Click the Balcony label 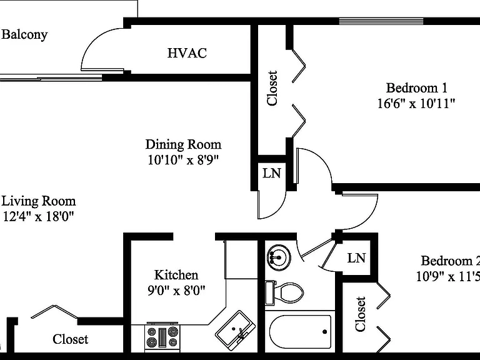(24, 34)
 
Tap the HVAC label (187, 53)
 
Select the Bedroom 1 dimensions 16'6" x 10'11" (416, 104)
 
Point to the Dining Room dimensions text (183, 160)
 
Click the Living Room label (39, 201)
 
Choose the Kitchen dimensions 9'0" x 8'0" (176, 290)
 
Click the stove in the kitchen (162, 336)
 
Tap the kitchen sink (236, 329)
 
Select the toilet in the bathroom (284, 292)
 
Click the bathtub (300, 332)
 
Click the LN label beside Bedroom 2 (356, 258)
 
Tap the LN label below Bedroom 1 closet (272, 174)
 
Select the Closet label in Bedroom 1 (272, 88)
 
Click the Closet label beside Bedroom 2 (360, 314)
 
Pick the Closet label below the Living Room (71, 339)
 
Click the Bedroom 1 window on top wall (381, 21)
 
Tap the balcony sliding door (51, 77)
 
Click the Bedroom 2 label (450, 261)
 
